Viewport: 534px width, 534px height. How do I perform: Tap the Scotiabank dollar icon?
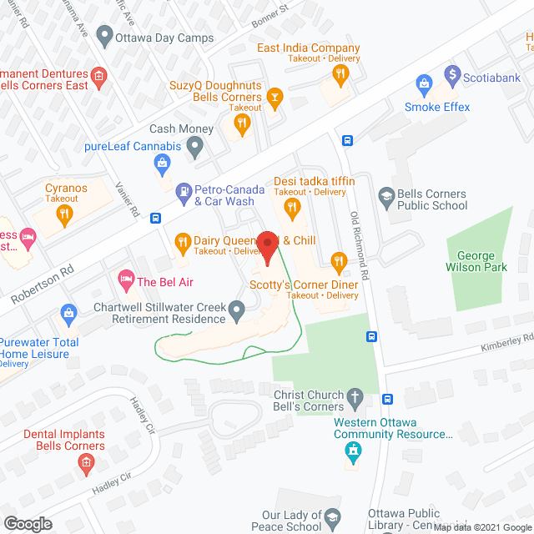(453, 75)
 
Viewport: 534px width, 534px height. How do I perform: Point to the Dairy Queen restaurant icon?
(183, 244)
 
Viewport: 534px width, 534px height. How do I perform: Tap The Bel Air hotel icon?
(127, 277)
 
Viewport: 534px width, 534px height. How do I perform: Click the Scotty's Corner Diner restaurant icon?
(338, 261)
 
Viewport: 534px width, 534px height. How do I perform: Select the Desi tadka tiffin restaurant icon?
(292, 205)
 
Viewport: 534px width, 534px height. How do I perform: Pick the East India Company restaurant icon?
(340, 74)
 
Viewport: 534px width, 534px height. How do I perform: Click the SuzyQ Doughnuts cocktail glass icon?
(274, 98)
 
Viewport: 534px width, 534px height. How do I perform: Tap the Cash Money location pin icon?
(195, 148)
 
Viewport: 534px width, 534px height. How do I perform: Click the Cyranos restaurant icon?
(65, 214)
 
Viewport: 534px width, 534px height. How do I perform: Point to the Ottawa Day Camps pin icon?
(104, 36)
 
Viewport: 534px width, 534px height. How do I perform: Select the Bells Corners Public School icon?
(385, 198)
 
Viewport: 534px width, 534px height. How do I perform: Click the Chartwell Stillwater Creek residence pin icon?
(237, 313)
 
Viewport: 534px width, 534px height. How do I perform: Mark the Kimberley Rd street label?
(506, 340)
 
